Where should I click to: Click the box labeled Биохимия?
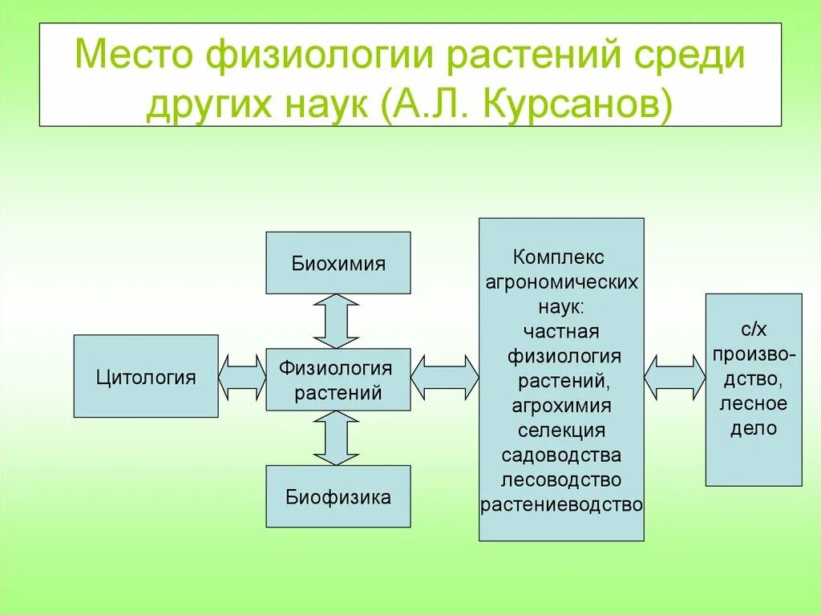click(338, 263)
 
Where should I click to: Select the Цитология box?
click(146, 376)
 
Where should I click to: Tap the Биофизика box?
click(338, 496)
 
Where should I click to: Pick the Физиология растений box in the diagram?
click(338, 380)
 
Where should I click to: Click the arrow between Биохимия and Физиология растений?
click(336, 321)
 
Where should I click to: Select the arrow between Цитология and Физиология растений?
click(242, 377)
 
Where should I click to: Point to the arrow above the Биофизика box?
click(336, 438)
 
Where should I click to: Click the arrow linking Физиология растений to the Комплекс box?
click(445, 377)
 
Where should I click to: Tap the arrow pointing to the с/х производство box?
click(674, 377)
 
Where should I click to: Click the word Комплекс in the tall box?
click(559, 257)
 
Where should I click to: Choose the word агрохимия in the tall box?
click(561, 405)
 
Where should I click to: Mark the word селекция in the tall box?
click(561, 430)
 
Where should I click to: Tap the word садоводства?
click(561, 455)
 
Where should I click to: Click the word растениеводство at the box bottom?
click(561, 504)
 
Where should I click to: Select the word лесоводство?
click(561, 479)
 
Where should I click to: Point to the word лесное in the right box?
click(754, 403)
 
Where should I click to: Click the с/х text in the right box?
click(754, 329)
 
